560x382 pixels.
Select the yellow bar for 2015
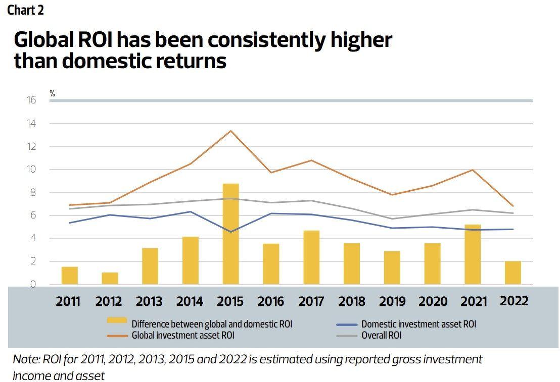click(x=230, y=234)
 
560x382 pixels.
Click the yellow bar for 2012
click(x=110, y=279)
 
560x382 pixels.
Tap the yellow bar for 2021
click(x=473, y=254)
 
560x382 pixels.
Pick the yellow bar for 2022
click(x=512, y=272)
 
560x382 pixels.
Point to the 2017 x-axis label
click(x=311, y=301)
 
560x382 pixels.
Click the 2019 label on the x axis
click(x=392, y=301)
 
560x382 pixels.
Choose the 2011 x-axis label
click(x=68, y=301)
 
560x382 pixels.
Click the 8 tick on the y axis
click(x=33, y=192)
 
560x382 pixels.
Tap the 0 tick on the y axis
click(x=33, y=285)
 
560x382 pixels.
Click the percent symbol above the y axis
click(x=52, y=93)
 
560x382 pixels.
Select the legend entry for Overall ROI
click(x=381, y=335)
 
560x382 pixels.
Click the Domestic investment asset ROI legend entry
click(x=418, y=324)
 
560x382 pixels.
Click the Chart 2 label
click(x=25, y=10)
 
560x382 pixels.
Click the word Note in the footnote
click(x=24, y=359)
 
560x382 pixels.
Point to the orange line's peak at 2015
click(x=230, y=131)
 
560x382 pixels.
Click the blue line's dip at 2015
click(x=230, y=232)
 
